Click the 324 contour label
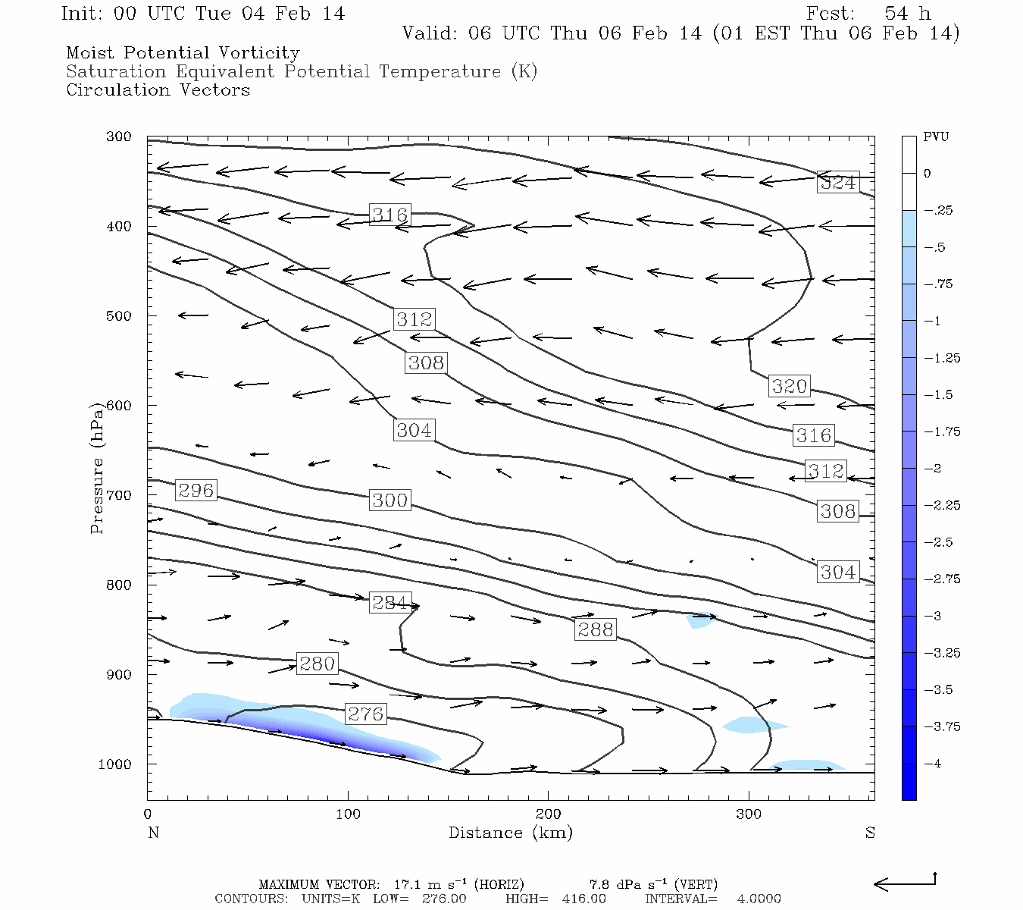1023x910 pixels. [837, 183]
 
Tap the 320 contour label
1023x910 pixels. [789, 386]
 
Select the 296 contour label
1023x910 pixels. [196, 491]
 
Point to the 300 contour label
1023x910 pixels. [389, 500]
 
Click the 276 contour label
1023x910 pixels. [365, 714]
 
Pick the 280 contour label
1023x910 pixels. [317, 664]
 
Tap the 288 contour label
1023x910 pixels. [595, 629]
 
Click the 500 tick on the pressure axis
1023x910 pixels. [119, 316]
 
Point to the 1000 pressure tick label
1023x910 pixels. [115, 764]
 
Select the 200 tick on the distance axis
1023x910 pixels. [548, 814]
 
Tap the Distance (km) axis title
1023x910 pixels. [510, 833]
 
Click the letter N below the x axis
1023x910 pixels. [153, 833]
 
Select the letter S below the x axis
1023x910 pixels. [870, 833]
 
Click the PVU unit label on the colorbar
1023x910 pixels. [935, 137]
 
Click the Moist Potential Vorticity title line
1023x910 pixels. [183, 53]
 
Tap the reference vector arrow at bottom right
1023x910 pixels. [905, 883]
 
